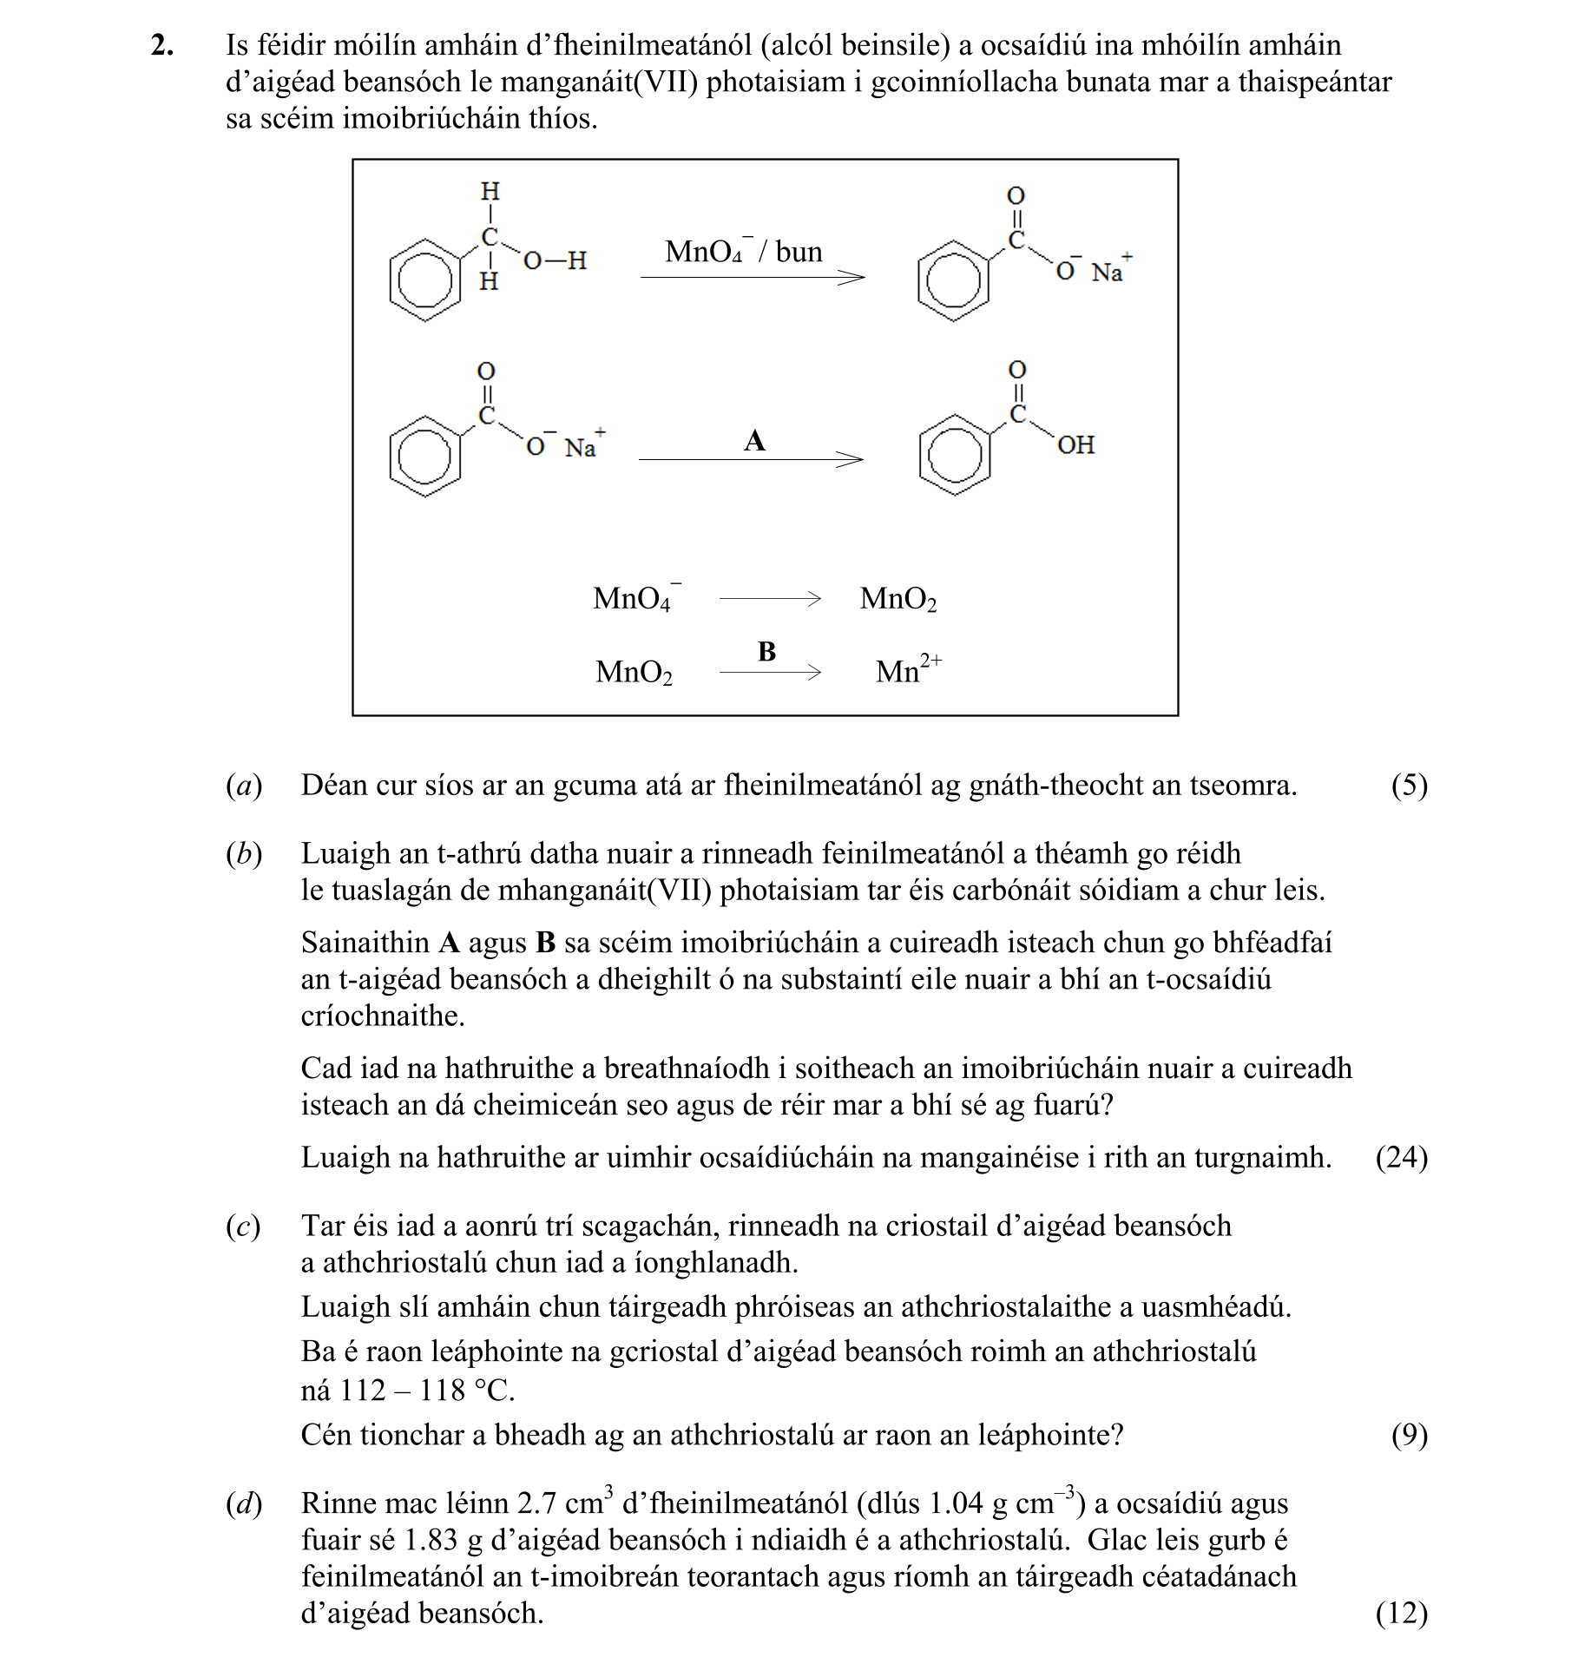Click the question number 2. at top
click(162, 45)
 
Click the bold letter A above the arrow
click(754, 441)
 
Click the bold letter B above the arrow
click(766, 651)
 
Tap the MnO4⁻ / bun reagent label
click(743, 252)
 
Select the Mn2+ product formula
click(908, 669)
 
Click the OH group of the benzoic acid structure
click(1075, 445)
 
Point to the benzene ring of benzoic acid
click(954, 456)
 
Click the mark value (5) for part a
click(1409, 786)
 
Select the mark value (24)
click(1401, 1157)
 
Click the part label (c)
click(243, 1226)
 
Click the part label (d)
click(243, 1503)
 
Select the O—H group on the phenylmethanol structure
click(556, 260)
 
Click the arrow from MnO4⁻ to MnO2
click(770, 598)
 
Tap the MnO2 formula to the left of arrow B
click(634, 672)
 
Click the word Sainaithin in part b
click(365, 943)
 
